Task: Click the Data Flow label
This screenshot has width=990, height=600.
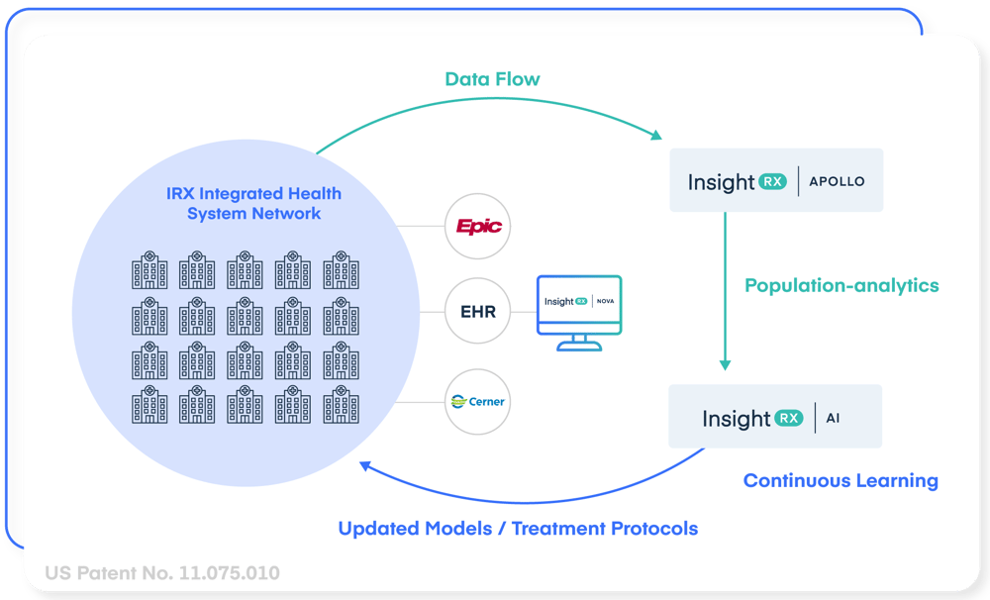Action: [x=492, y=79]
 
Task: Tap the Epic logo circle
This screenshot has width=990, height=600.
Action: [x=478, y=227]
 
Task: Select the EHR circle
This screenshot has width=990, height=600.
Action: [x=478, y=313]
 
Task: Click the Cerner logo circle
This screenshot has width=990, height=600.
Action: [x=478, y=401]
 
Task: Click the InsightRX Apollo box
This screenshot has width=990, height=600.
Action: [x=776, y=181]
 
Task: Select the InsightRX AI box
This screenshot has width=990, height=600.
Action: [x=774, y=417]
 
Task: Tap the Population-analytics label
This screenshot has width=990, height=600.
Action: [x=841, y=286]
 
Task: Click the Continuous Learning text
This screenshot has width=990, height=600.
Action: [x=841, y=481]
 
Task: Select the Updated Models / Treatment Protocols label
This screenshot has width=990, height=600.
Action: [x=518, y=529]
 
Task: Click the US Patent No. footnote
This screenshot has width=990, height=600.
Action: [x=162, y=573]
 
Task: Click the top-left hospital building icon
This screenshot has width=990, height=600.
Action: [x=149, y=270]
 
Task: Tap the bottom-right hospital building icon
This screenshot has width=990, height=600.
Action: [x=341, y=405]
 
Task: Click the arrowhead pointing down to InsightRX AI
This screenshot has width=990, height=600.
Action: [x=725, y=363]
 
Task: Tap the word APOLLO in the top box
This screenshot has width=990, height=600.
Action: [x=838, y=182]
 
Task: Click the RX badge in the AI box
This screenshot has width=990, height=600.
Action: [x=789, y=418]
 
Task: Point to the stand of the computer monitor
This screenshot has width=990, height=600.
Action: [x=579, y=343]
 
